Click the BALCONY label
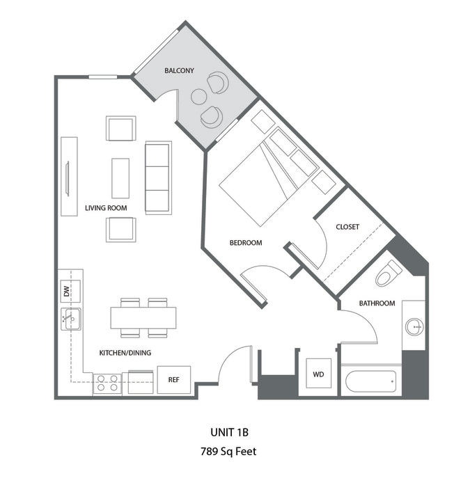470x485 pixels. pyautogui.click(x=179, y=71)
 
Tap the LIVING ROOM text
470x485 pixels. pyautogui.click(x=106, y=208)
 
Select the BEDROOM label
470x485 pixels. pyautogui.click(x=246, y=243)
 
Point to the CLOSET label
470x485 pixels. pyautogui.click(x=347, y=227)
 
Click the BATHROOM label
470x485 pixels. pyautogui.click(x=377, y=303)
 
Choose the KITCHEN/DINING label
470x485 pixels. pyautogui.click(x=125, y=353)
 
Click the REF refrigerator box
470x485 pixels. pyautogui.click(x=173, y=380)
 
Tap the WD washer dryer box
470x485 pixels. pyautogui.click(x=318, y=375)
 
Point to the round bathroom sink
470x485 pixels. pyautogui.click(x=414, y=326)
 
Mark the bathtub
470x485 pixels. pyautogui.click(x=370, y=381)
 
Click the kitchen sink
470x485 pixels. pyautogui.click(x=70, y=319)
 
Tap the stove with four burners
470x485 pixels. pyautogui.click(x=107, y=383)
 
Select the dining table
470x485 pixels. pyautogui.click(x=143, y=318)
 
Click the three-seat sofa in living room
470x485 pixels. pyautogui.click(x=158, y=177)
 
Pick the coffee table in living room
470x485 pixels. pyautogui.click(x=120, y=178)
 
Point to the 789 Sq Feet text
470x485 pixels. pyautogui.click(x=228, y=452)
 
